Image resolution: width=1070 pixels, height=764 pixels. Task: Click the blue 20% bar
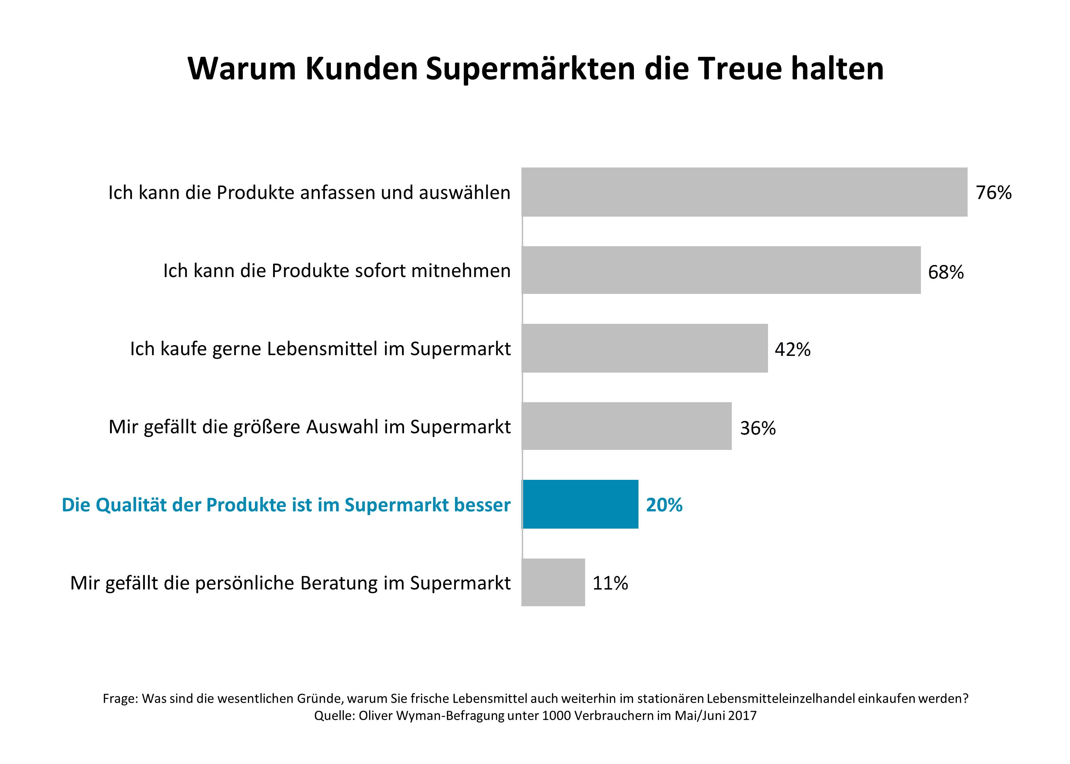click(580, 504)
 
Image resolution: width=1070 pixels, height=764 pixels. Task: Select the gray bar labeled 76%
click(744, 192)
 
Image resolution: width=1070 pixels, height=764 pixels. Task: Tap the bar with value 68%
click(721, 270)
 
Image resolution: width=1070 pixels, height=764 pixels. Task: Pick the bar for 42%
click(645, 348)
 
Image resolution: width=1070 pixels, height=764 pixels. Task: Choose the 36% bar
click(626, 426)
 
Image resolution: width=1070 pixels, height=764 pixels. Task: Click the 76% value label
click(993, 193)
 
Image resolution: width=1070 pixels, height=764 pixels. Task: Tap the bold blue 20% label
click(664, 505)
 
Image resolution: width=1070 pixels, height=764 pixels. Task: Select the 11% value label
click(610, 583)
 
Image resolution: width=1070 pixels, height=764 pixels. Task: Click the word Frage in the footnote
click(119, 699)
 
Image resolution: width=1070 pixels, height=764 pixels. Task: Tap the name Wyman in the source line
click(419, 716)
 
